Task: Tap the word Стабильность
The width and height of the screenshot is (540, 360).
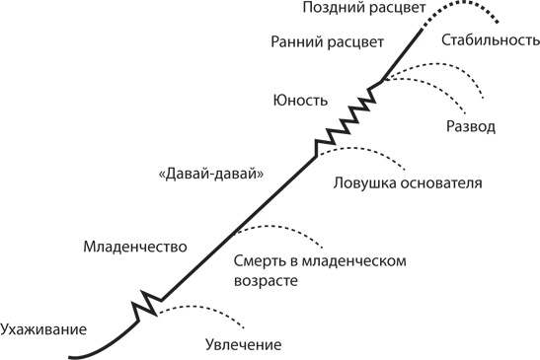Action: point(491,41)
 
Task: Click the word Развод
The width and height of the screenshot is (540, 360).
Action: point(471,128)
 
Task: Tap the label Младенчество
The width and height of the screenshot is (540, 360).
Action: point(136,246)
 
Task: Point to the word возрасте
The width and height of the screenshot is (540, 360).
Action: point(267,282)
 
